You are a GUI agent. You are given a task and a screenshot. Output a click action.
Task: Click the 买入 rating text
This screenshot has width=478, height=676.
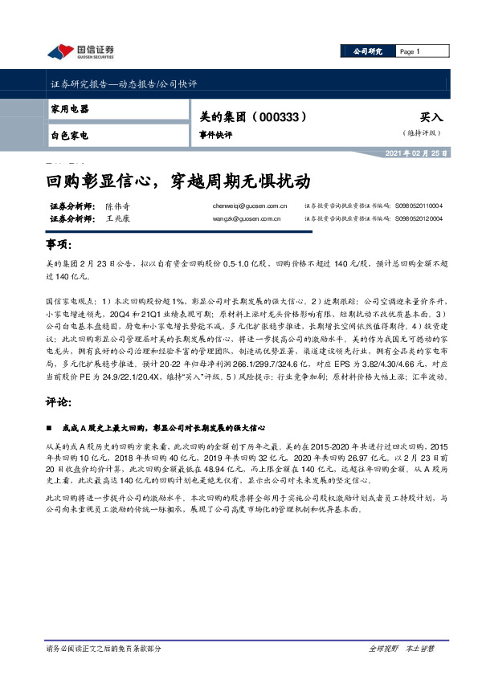[431, 117]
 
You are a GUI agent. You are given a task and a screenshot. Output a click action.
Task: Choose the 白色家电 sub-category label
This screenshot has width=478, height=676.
[69, 135]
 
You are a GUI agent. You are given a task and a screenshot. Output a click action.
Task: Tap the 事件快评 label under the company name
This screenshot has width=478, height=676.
[214, 135]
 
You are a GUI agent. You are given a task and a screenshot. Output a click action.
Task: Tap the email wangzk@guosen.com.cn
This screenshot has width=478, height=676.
[241, 218]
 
